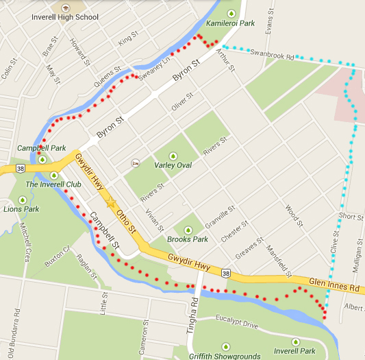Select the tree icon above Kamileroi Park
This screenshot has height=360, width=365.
231,13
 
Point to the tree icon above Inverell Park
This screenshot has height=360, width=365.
296,341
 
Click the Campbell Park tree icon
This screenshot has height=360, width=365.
42,160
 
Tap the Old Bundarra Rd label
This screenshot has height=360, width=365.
13,336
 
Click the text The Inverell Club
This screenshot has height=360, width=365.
53,185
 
